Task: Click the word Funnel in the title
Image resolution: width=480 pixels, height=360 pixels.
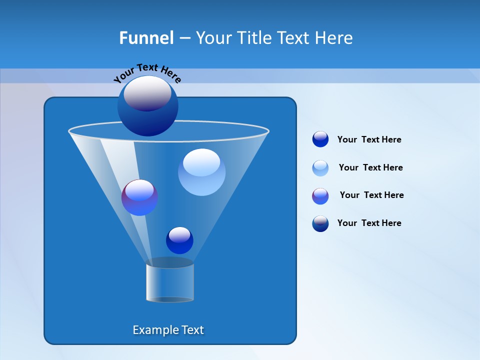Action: click(146, 38)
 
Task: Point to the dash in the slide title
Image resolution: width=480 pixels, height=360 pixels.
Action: click(184, 38)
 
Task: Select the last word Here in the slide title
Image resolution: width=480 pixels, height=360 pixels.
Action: click(335, 38)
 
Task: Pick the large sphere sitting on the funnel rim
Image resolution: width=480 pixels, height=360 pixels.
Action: click(147, 105)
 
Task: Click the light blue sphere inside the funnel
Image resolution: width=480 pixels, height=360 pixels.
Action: click(201, 171)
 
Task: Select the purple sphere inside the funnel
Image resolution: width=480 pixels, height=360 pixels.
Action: click(139, 197)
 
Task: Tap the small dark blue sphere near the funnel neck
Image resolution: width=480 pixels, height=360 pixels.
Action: click(179, 240)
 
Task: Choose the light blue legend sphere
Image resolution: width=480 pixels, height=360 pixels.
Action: click(320, 168)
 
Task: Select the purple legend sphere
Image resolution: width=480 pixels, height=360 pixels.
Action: click(320, 196)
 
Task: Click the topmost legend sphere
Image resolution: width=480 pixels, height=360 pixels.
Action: click(320, 139)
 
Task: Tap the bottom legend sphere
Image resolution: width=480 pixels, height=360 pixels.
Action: click(320, 223)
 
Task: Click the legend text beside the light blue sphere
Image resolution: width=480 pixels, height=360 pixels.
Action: click(370, 167)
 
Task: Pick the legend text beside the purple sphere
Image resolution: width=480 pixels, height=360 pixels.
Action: click(371, 195)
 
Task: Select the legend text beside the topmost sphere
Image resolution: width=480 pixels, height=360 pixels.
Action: click(369, 139)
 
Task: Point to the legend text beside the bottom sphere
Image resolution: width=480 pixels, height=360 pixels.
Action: click(369, 223)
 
